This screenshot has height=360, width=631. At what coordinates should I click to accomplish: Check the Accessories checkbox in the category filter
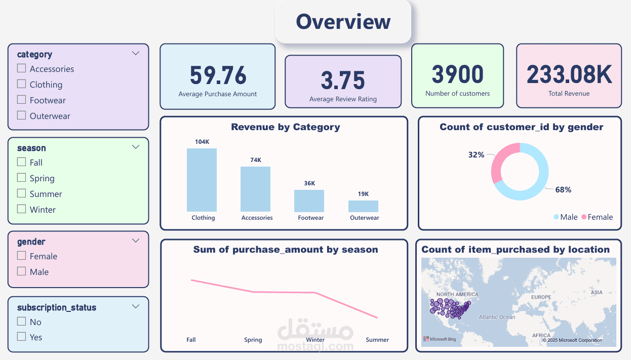tap(21, 68)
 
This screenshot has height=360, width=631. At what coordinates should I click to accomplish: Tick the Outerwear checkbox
tap(21, 115)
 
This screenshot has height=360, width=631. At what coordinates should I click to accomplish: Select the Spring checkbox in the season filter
tap(21, 178)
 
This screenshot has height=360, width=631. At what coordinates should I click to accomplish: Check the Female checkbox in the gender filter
tap(21, 256)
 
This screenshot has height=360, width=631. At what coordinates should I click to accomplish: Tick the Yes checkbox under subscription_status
tap(21, 337)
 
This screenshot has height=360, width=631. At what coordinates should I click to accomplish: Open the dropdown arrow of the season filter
tap(135, 147)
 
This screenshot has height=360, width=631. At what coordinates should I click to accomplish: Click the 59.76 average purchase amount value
tap(218, 75)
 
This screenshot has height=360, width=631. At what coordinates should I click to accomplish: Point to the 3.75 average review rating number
tap(343, 81)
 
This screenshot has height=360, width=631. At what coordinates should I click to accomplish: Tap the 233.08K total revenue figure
tap(569, 75)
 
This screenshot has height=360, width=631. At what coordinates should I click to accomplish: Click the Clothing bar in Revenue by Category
tap(202, 180)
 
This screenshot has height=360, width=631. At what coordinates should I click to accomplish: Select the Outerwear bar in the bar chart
tap(363, 206)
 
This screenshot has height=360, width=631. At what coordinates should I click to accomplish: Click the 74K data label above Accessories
tap(256, 160)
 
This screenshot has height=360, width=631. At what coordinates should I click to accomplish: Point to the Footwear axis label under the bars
tap(310, 218)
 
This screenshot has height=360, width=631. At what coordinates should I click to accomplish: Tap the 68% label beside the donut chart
tap(563, 190)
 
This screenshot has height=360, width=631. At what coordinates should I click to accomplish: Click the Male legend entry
tap(565, 217)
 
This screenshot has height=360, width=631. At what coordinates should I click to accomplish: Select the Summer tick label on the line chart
tap(377, 340)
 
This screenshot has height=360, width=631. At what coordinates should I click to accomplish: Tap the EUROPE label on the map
tap(541, 297)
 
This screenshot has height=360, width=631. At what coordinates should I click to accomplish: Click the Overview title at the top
tap(343, 22)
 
